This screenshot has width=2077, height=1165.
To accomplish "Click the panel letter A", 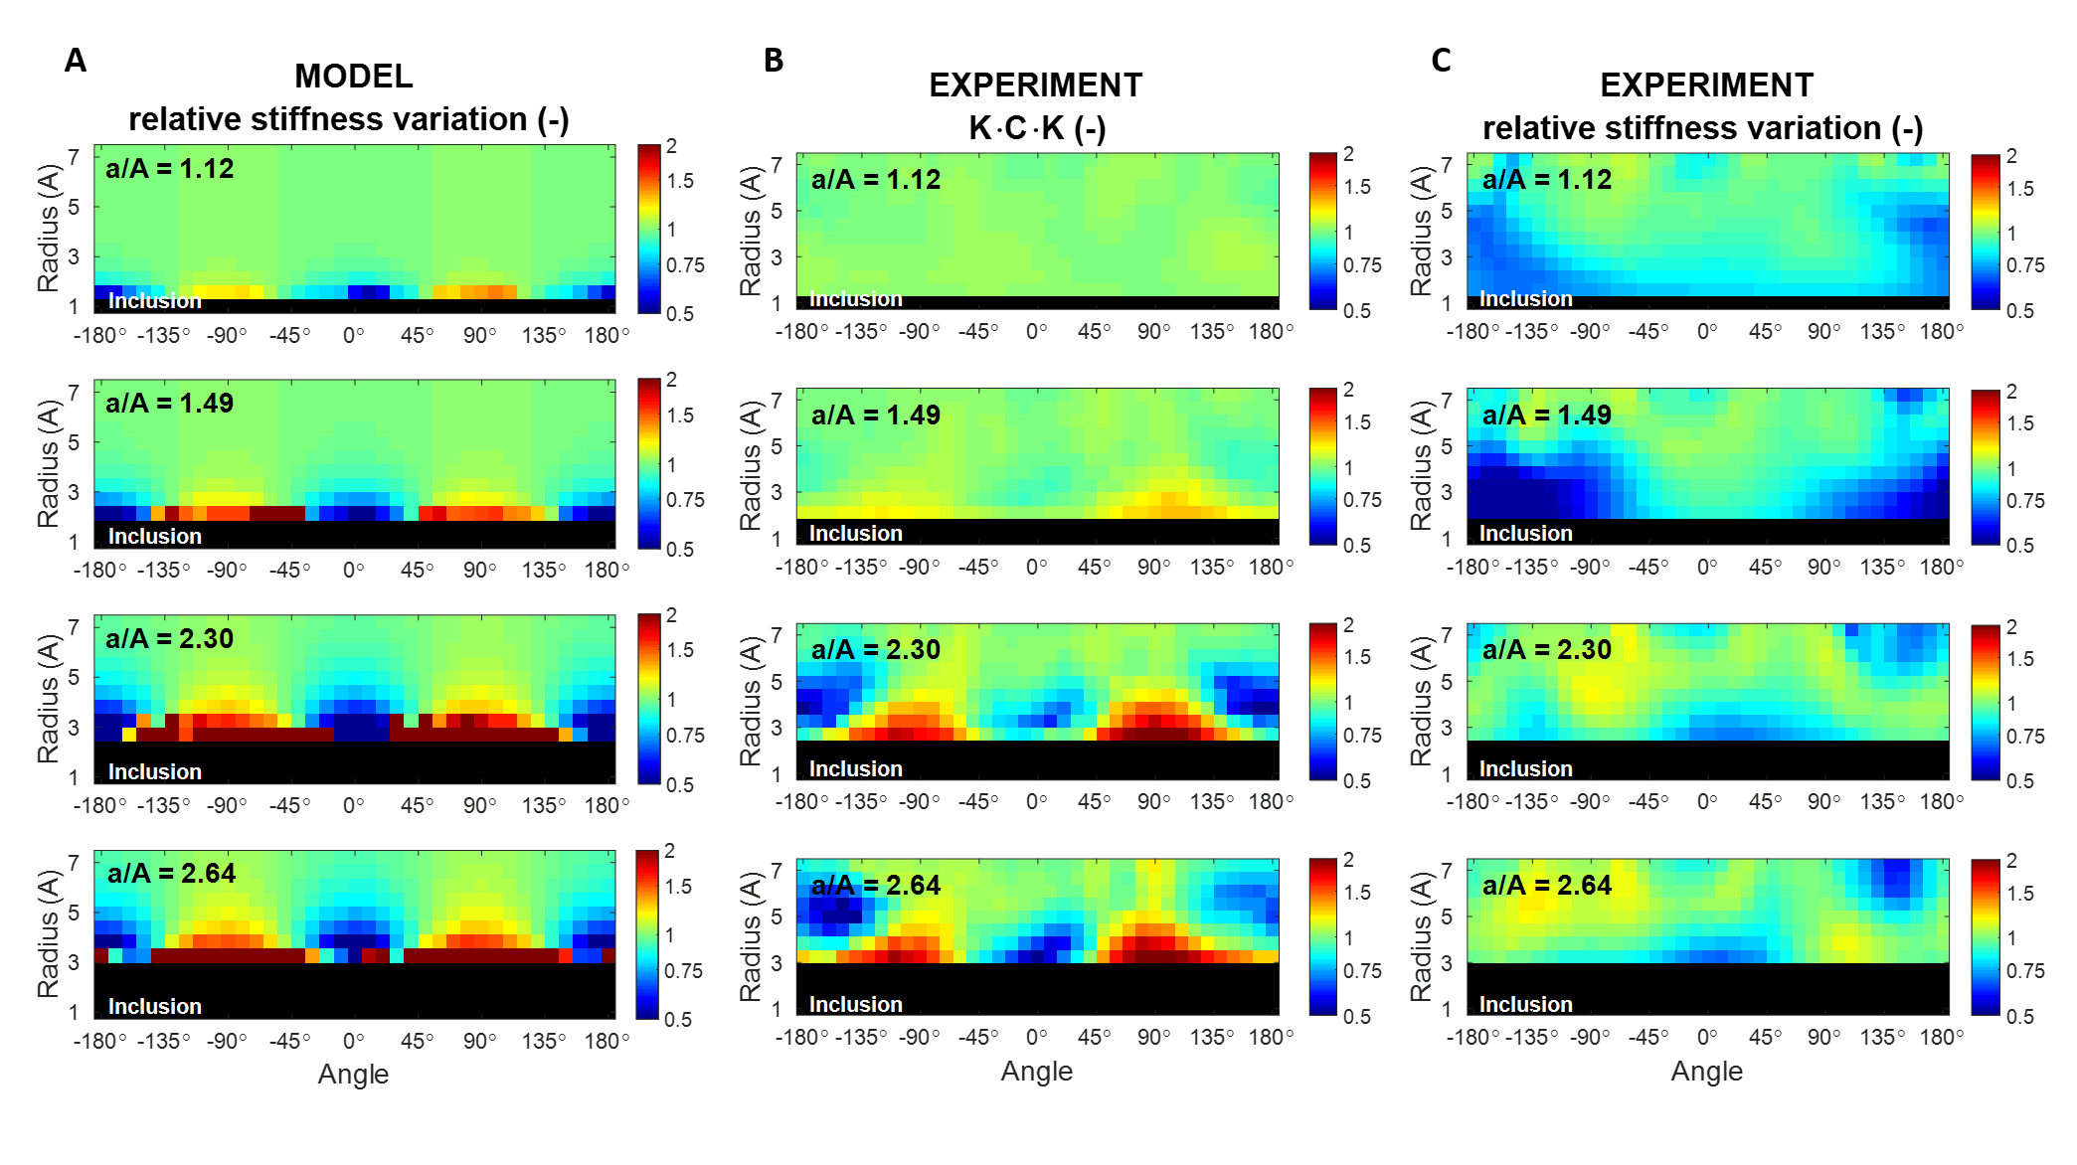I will [x=76, y=61].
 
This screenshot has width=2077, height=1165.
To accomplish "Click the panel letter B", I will [x=774, y=61].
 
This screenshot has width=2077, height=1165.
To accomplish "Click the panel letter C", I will [x=1441, y=61].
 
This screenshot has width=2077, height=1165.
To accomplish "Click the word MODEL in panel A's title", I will [x=353, y=77].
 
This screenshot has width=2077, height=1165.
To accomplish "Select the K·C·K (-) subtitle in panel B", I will [x=1037, y=128].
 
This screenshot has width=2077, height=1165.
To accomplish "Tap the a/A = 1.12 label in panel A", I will [x=170, y=169].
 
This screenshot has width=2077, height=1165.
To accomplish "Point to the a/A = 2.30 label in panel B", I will [x=876, y=650].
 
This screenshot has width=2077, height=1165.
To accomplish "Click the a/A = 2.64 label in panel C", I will [x=1547, y=886].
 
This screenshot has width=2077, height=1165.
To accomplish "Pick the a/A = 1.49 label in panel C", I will [x=1547, y=416].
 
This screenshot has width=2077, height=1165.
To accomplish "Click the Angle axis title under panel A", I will [x=353, y=1075].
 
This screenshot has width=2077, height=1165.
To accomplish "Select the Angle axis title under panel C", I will [x=1706, y=1072].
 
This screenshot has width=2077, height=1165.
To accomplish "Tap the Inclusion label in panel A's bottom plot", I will [x=154, y=1006].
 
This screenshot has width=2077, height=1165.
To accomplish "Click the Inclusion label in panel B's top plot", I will [x=855, y=299].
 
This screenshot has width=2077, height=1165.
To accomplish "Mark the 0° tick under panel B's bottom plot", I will [x=1036, y=1038].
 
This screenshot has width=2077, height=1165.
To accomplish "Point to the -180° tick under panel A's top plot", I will [x=100, y=336].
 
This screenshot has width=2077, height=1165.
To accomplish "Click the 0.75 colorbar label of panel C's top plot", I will [x=2025, y=265].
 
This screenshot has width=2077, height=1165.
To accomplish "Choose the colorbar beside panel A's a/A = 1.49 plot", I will [x=649, y=463].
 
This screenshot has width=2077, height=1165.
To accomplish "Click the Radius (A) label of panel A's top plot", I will [x=48, y=229].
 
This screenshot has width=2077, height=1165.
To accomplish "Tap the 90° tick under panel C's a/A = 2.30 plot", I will [x=1823, y=802].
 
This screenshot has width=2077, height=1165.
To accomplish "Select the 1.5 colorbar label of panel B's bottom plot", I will [x=1357, y=893].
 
